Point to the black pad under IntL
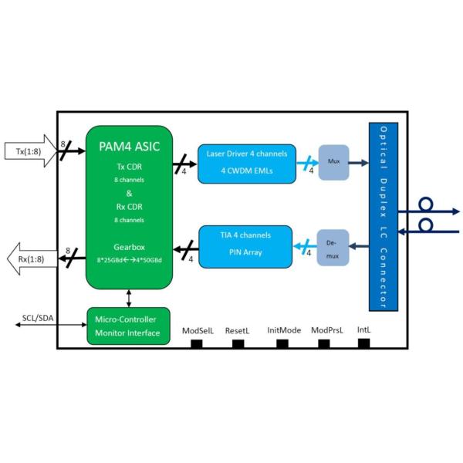tap(364, 343)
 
